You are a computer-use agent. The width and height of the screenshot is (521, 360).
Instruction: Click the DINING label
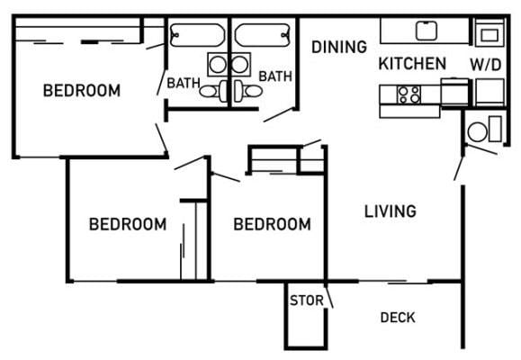(x=339, y=48)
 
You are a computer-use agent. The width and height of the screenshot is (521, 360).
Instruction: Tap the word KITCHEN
(x=412, y=64)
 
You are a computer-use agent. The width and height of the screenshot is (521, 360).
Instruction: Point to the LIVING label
(x=390, y=212)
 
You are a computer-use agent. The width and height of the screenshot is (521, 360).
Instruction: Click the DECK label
(x=397, y=318)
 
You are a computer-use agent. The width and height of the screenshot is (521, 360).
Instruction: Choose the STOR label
(x=301, y=300)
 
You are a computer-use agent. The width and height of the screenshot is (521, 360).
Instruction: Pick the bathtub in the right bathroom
(x=263, y=34)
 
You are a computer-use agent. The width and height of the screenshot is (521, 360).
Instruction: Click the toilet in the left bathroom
(x=211, y=91)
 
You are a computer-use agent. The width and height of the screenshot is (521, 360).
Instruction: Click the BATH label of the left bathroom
(x=183, y=84)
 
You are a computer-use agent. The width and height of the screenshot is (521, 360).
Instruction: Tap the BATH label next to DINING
(x=275, y=77)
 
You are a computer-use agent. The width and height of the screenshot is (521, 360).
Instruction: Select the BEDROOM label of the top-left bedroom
(x=82, y=91)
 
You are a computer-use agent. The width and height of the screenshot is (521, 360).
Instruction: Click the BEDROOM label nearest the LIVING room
(x=272, y=224)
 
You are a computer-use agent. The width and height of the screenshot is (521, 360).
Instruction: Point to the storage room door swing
(x=329, y=294)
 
